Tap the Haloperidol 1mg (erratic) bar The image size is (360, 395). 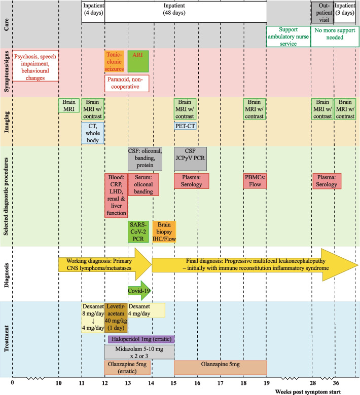141,339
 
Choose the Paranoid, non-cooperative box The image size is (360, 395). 127,84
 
